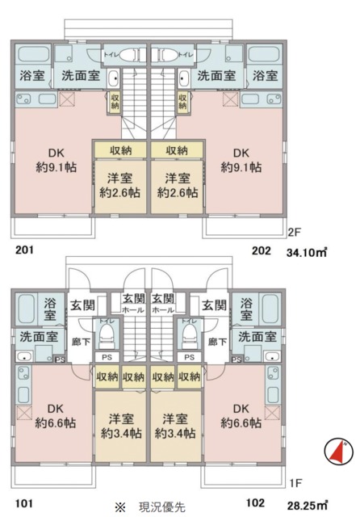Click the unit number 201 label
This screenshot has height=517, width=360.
click(x=25, y=250)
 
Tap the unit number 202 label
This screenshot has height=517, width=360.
click(x=261, y=250)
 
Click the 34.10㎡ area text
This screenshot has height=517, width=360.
click(x=307, y=252)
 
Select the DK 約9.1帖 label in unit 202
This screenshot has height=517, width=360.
click(x=241, y=159)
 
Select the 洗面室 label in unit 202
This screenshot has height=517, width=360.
click(x=216, y=76)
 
